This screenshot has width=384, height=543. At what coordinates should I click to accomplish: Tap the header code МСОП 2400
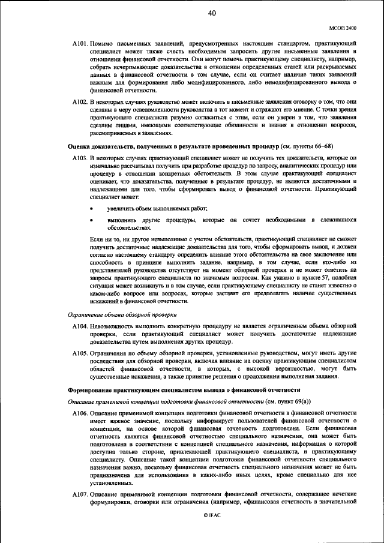click(343, 28)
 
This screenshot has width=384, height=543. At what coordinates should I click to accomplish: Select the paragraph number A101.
click(80, 44)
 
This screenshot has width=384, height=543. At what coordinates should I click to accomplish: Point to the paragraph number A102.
click(80, 103)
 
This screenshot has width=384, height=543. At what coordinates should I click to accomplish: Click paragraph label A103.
click(80, 157)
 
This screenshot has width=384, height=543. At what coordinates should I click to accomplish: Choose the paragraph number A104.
click(80, 325)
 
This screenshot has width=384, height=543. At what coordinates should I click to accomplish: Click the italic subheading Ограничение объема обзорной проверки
click(122, 314)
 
